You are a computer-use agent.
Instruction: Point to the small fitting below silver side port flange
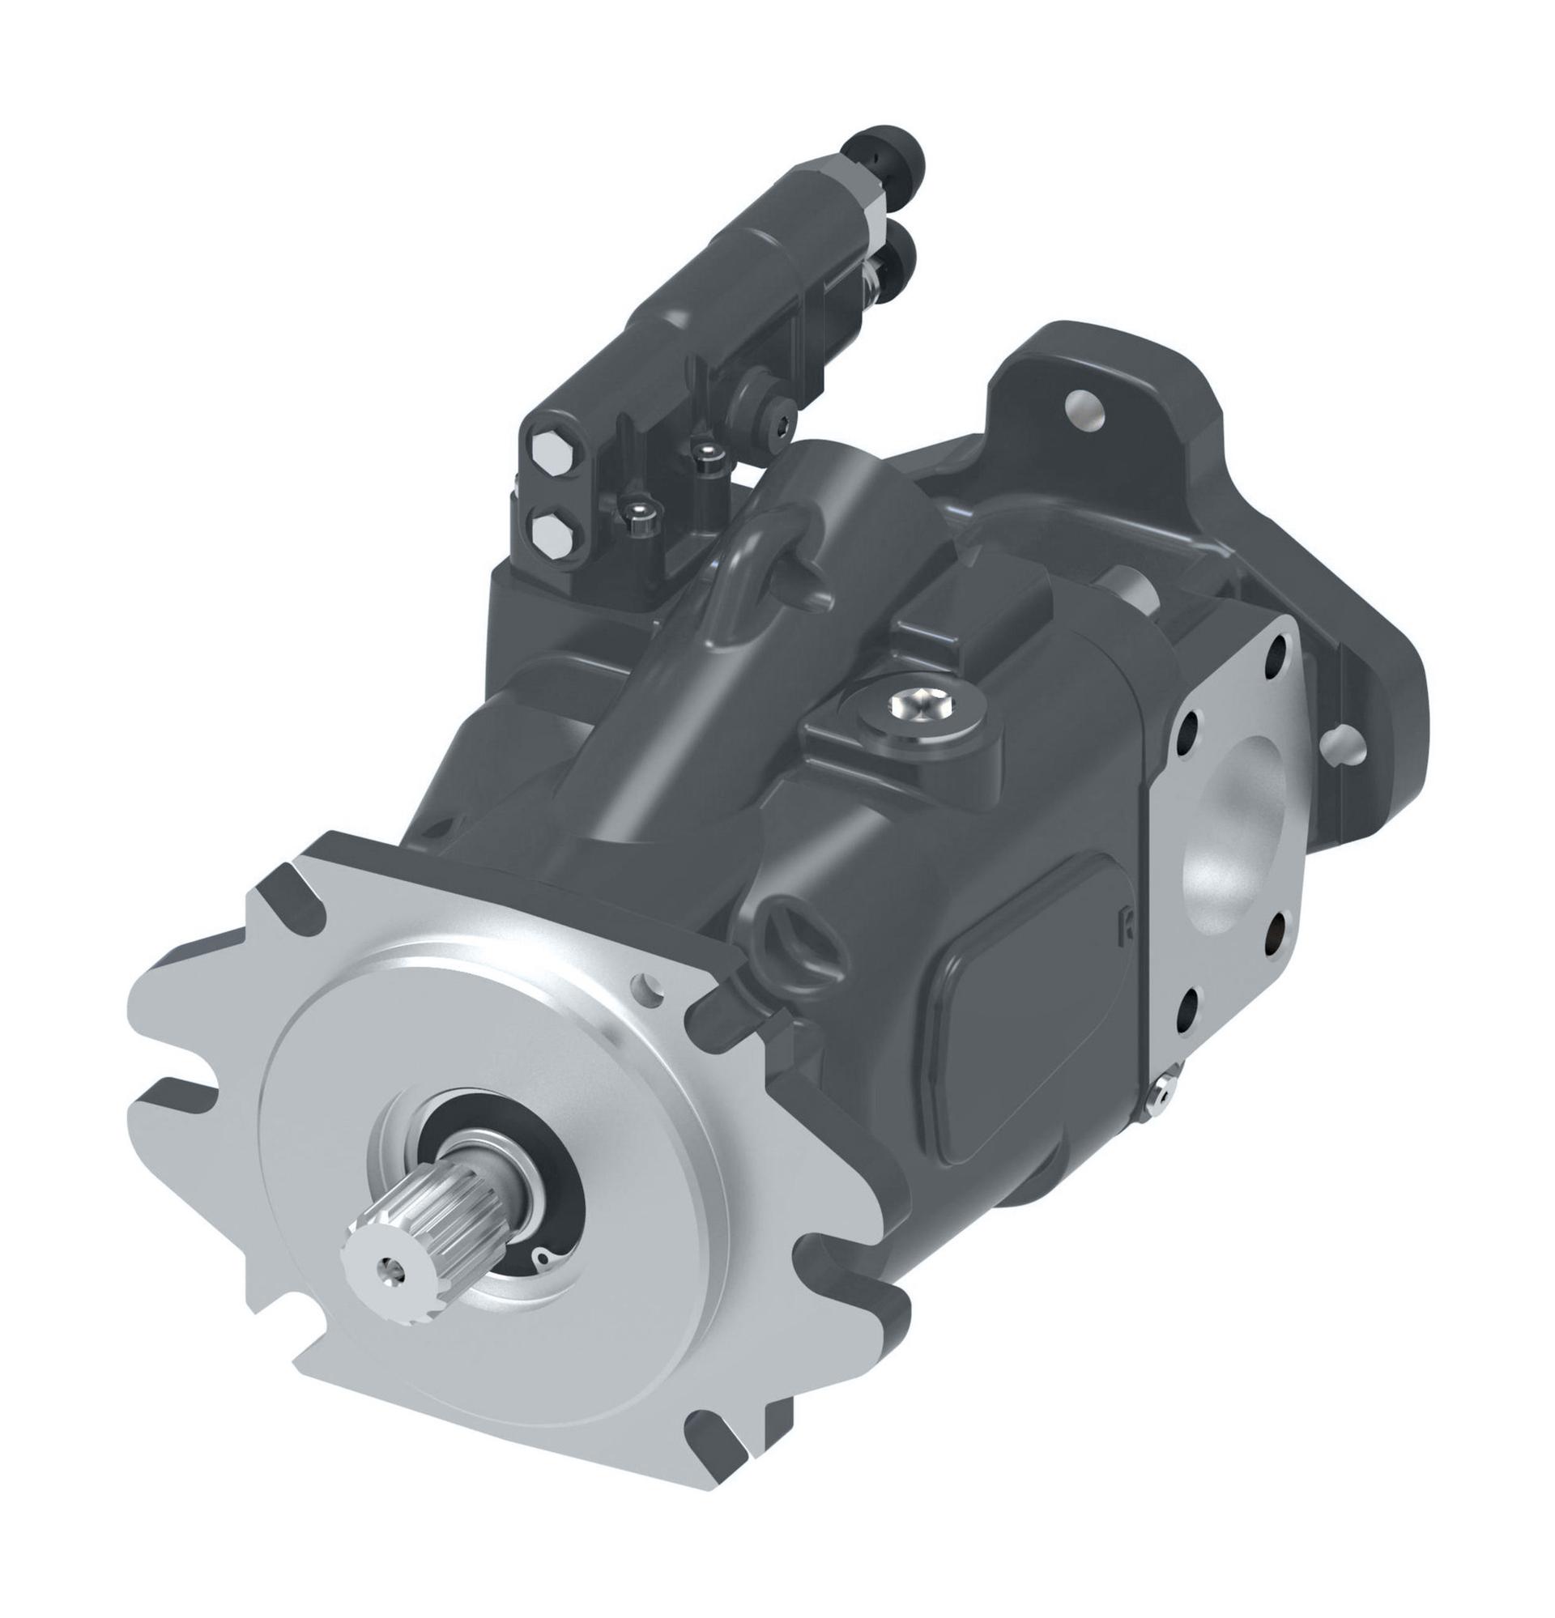(x=1163, y=1092)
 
